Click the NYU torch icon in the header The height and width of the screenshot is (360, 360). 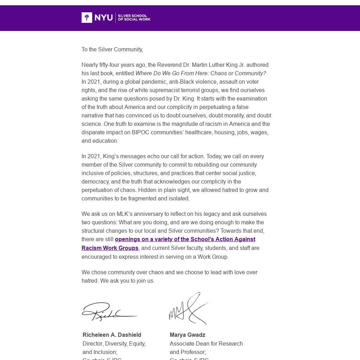(87, 18)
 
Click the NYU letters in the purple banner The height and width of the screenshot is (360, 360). (104, 18)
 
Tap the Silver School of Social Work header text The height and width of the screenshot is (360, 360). (134, 18)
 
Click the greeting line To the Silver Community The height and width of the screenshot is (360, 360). (112, 50)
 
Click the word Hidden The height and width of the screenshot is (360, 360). (147, 190)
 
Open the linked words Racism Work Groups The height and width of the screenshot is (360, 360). (110, 248)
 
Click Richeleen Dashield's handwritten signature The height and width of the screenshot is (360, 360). (109, 311)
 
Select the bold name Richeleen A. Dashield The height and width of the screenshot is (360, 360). (112, 335)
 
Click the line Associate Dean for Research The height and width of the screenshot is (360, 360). (206, 344)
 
